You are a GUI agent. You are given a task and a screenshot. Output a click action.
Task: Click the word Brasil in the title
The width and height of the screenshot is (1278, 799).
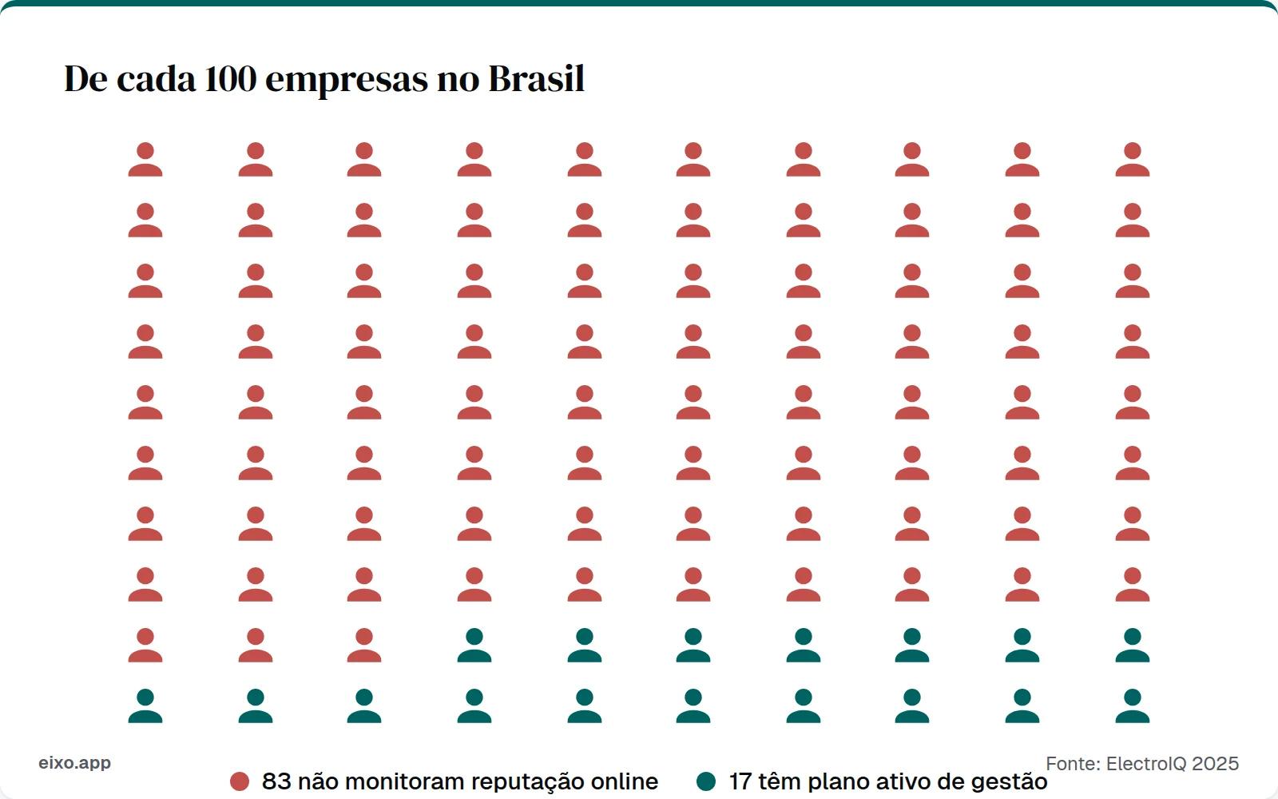point(536,79)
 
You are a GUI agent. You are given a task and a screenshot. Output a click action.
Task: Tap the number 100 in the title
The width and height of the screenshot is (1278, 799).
point(230,79)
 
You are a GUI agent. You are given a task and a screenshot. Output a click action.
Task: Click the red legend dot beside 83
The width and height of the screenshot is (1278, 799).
point(240,781)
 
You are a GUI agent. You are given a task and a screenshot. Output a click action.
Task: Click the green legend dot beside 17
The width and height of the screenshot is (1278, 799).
point(706,781)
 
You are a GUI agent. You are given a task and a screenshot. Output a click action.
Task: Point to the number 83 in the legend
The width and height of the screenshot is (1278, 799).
point(276,781)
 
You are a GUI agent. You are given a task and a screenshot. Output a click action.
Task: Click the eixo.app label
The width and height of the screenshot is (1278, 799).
point(75,762)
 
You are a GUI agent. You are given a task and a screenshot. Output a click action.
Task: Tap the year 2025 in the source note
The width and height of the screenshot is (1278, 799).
point(1215,764)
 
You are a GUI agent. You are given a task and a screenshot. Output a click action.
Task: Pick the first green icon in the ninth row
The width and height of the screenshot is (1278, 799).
point(474,646)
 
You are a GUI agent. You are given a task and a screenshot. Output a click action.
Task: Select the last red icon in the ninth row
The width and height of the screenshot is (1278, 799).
point(364,646)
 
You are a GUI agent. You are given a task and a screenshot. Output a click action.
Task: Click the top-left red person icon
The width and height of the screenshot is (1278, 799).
point(145,160)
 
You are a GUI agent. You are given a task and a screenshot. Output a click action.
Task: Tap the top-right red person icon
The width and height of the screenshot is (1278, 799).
point(1133,160)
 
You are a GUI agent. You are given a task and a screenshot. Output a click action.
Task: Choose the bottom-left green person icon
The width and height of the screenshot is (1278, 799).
point(145,706)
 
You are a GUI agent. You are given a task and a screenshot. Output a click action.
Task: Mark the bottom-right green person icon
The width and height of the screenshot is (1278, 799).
point(1133,706)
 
